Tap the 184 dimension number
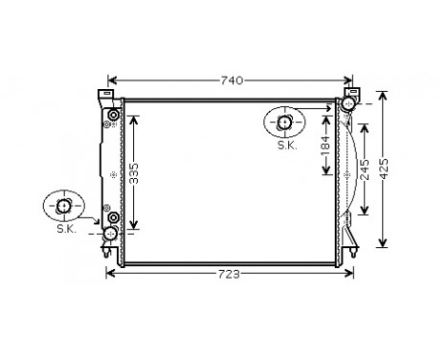point(325,148)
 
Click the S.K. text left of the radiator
point(65,228)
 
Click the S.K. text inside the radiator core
point(286,146)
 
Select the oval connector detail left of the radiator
point(65,205)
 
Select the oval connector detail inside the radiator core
point(286,122)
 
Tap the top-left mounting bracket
point(102,95)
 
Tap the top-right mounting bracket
point(352,94)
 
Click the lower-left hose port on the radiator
point(111,233)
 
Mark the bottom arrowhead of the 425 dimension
point(384,246)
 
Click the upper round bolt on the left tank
point(114,117)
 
